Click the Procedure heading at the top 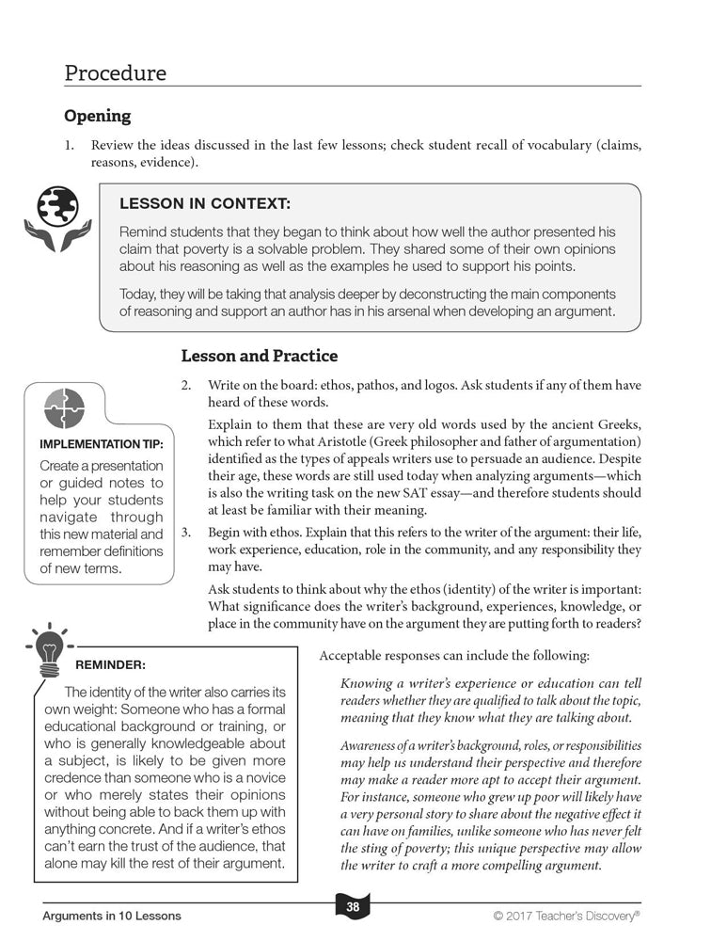(115, 73)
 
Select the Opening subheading (97, 117)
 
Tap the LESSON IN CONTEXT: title (205, 203)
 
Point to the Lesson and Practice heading (259, 356)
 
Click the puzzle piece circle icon (64, 408)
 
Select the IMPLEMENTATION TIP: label (102, 445)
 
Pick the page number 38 (353, 907)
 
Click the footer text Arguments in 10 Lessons (112, 916)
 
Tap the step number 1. (69, 146)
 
